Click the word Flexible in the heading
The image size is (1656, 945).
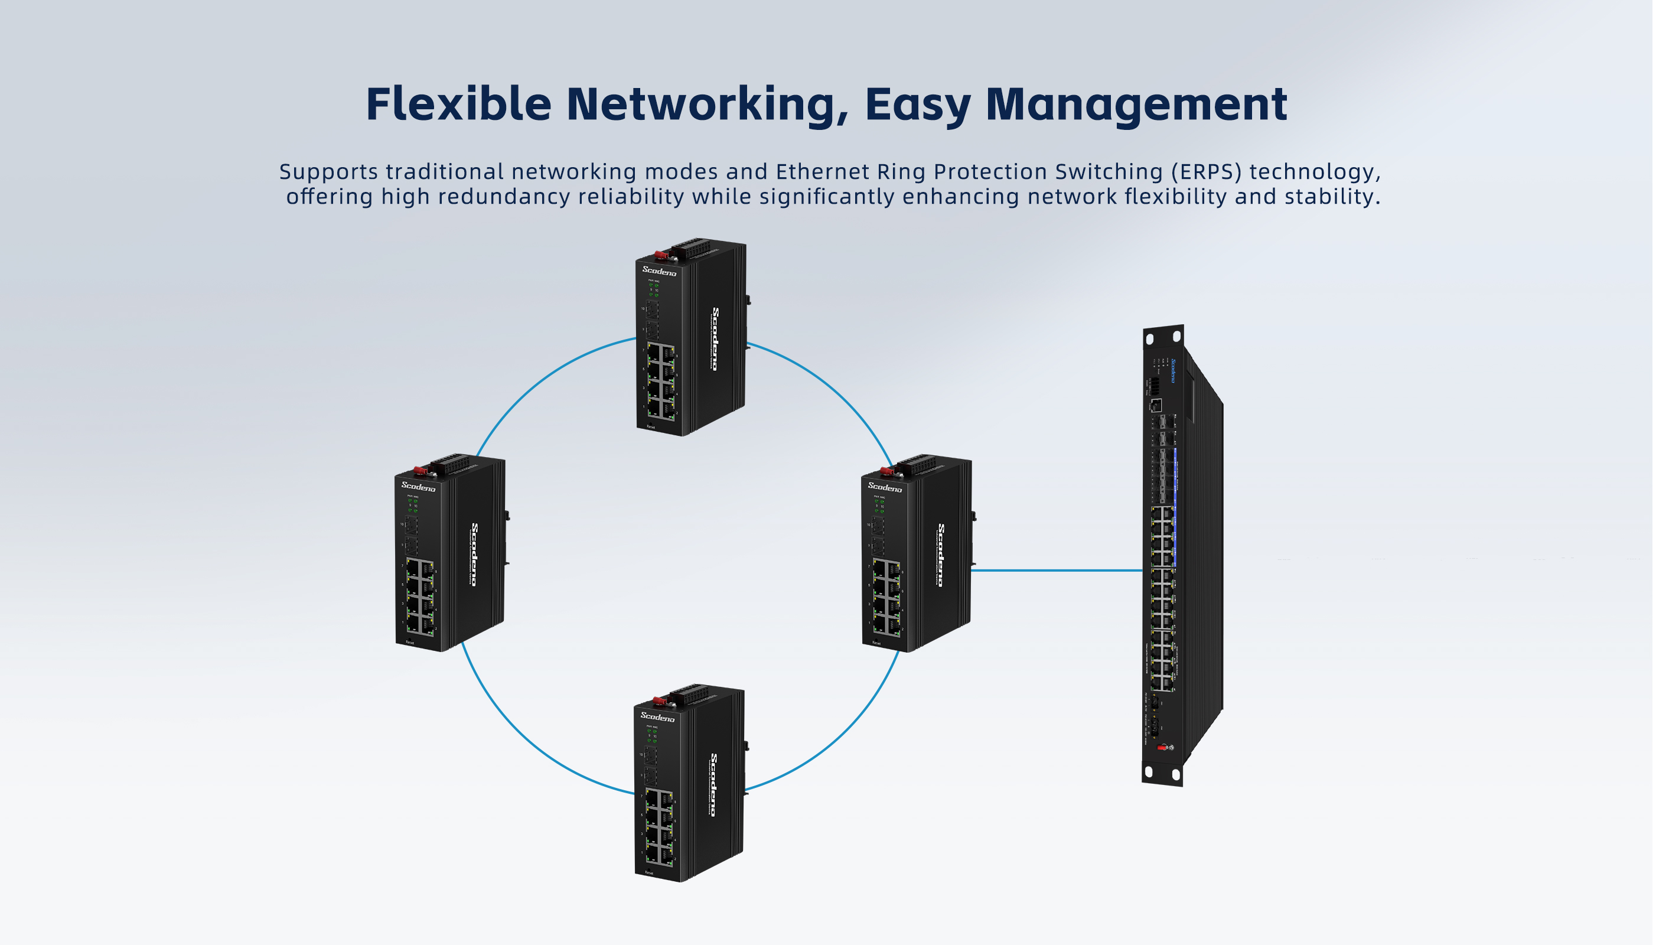click(458, 104)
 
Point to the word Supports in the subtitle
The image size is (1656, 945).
click(328, 172)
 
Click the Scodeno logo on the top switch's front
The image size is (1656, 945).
click(659, 271)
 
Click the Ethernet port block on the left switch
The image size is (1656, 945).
click(420, 597)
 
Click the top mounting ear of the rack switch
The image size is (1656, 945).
click(1163, 337)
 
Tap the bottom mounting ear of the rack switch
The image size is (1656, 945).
click(1162, 773)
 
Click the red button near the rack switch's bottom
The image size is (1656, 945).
click(1162, 748)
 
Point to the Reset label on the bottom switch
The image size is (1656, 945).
click(649, 873)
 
